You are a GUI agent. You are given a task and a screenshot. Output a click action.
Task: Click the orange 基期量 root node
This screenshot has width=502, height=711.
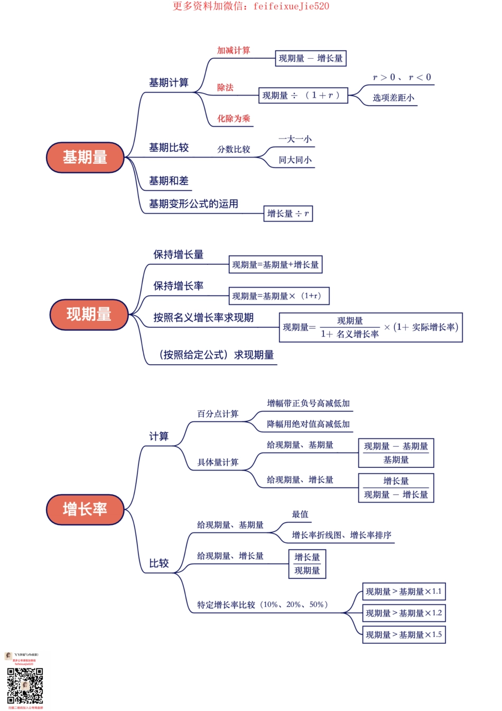85,158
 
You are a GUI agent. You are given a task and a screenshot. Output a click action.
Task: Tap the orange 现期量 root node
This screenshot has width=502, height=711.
89,315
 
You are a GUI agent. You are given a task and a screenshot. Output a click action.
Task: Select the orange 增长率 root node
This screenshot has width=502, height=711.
85,510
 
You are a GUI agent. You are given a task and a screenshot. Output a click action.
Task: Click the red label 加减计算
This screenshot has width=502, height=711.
234,50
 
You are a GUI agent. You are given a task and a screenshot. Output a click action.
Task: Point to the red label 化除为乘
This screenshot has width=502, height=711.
234,118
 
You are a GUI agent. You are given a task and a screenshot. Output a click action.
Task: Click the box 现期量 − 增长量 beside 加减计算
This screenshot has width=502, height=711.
311,58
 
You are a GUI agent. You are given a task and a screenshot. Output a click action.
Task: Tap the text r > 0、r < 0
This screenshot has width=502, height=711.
402,77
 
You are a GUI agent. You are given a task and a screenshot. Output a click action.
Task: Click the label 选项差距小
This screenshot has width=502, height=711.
394,98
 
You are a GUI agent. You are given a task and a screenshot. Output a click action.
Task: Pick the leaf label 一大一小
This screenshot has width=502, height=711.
295,139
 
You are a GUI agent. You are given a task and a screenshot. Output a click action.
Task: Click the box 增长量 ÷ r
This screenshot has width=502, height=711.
288,214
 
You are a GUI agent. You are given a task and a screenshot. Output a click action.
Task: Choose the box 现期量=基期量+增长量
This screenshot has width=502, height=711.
275,265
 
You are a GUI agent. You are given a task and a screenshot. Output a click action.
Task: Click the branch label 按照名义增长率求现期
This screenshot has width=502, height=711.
203,318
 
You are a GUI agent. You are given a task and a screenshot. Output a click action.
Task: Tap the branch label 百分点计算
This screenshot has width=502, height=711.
218,414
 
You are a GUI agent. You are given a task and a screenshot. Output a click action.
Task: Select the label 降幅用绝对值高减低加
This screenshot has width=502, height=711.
308,424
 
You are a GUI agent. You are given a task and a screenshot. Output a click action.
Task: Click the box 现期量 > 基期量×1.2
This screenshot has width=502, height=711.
404,613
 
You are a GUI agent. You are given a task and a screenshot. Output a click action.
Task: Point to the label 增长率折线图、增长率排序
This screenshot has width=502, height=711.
341,535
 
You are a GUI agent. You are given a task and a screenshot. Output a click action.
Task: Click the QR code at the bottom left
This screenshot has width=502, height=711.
25,686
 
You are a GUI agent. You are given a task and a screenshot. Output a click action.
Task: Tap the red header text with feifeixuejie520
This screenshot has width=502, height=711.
251,6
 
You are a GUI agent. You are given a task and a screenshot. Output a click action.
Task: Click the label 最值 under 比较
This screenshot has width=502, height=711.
300,514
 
